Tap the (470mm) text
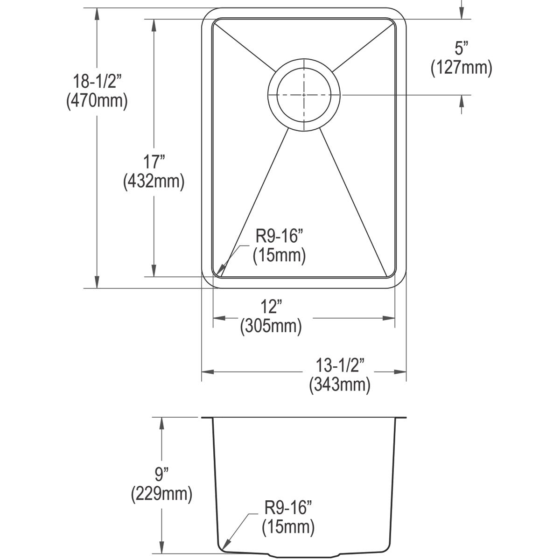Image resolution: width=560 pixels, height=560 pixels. pyautogui.click(x=97, y=101)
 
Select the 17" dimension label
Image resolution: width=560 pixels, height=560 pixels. pyautogui.click(x=154, y=162)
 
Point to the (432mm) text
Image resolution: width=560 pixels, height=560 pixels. pyautogui.click(x=154, y=182)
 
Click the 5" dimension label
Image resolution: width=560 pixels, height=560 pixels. pyautogui.click(x=462, y=48)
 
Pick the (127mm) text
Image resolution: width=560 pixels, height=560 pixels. pyautogui.click(x=461, y=68)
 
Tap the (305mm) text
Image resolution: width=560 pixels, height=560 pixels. pyautogui.click(x=271, y=326)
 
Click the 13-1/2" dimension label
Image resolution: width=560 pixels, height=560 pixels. pyautogui.click(x=340, y=365)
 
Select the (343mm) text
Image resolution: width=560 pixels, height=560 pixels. pyautogui.click(x=340, y=385)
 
